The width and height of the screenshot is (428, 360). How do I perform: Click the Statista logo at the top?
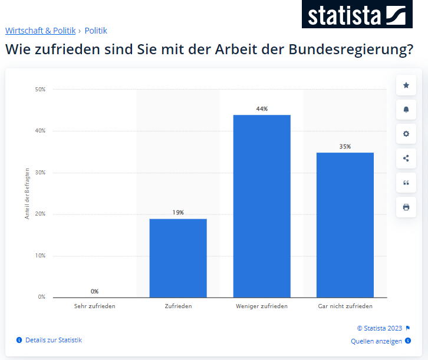357,14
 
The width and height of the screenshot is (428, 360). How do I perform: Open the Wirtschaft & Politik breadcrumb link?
40,31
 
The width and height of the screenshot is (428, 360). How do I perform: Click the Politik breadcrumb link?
96,31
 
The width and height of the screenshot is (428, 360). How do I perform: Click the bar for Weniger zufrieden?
262,206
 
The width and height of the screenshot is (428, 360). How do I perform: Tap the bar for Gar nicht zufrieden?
345,224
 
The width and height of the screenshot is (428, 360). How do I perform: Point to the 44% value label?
262,109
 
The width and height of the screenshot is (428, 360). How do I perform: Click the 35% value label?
345,147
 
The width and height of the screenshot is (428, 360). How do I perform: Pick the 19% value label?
178,213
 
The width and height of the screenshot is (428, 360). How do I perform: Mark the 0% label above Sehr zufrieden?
94,291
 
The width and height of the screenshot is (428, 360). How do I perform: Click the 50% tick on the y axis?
40,90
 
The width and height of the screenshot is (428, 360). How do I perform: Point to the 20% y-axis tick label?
40,214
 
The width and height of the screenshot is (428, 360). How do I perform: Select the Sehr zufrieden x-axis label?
94,306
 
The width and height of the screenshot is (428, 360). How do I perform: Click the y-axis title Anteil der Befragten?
27,193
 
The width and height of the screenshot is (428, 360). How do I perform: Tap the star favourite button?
406,85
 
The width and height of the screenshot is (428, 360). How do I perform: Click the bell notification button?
406,110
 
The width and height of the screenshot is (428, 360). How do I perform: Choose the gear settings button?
406,134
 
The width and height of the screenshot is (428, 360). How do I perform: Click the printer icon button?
406,207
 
